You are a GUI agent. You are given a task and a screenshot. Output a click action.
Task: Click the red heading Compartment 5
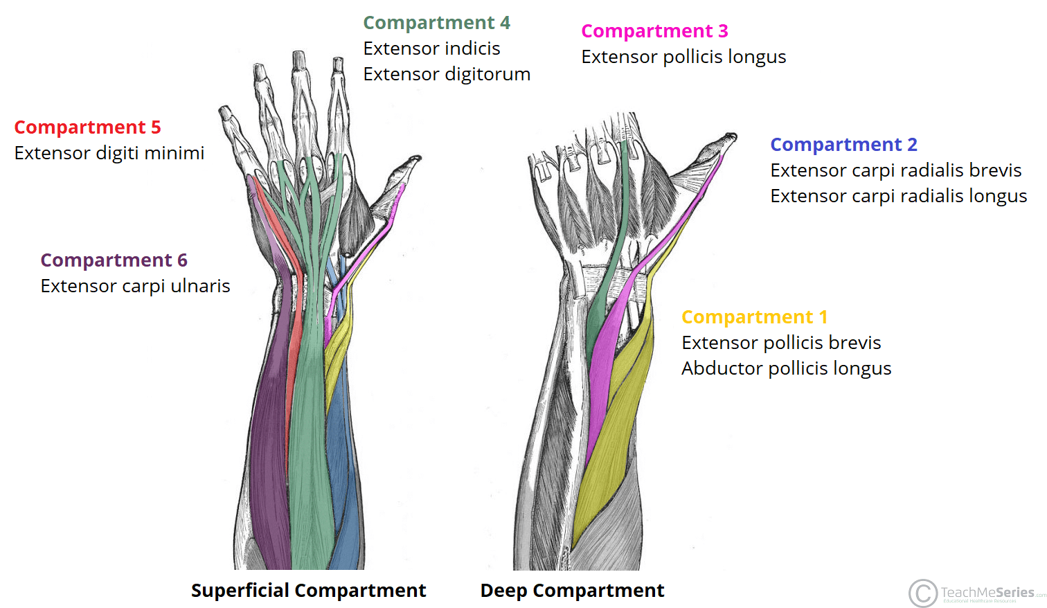click(87, 127)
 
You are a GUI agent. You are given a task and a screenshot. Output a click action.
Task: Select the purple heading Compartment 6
click(114, 260)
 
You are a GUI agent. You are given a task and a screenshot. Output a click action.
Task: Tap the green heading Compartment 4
click(436, 23)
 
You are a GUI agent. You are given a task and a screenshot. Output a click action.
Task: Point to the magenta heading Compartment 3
click(654, 31)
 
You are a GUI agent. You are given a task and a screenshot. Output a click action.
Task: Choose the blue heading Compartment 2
click(843, 145)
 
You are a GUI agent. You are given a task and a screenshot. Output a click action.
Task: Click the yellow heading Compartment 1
click(754, 317)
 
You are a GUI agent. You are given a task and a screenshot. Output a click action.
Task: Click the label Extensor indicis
click(431, 48)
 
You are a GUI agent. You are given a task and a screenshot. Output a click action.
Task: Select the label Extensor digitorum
click(447, 74)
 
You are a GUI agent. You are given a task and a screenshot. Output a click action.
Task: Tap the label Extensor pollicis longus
click(683, 57)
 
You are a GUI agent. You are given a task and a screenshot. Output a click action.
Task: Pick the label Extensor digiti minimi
click(109, 153)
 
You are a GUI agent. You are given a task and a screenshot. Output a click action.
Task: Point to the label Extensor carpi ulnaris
click(135, 286)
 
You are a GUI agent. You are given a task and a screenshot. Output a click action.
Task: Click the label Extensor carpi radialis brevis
click(895, 170)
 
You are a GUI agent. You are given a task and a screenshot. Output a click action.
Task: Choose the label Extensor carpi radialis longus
click(898, 196)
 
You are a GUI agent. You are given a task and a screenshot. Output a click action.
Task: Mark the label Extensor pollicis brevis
click(781, 343)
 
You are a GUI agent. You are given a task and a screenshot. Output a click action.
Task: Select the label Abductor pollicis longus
click(786, 368)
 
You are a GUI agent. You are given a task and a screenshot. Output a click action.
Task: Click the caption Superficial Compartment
click(308, 591)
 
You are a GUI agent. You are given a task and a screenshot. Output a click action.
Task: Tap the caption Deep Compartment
click(572, 591)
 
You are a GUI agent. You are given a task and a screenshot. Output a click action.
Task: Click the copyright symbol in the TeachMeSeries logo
click(922, 593)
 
